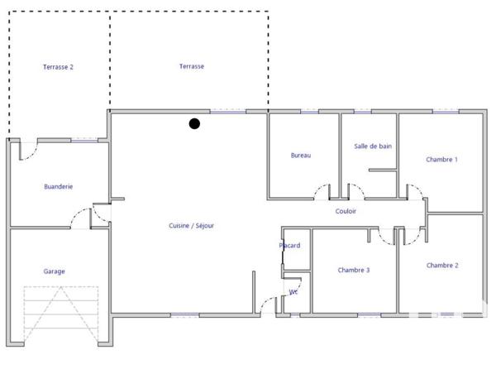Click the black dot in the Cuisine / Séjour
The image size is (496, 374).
coord(194,124)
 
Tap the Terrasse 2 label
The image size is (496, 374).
coord(59,67)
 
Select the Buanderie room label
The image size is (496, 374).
coord(59,187)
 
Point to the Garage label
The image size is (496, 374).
coord(55,271)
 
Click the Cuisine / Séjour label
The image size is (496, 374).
coord(192,225)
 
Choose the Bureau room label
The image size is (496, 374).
coord(300,156)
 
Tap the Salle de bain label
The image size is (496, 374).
coord(373,146)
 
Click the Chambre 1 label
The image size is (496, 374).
coord(441,160)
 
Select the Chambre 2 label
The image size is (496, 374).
coord(442,266)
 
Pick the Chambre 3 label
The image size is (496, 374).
coord(354,271)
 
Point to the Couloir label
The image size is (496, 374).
coord(346,212)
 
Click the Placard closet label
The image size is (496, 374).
coord(290,246)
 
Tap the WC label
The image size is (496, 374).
coord(293,292)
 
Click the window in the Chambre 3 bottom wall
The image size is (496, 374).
coord(369,314)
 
